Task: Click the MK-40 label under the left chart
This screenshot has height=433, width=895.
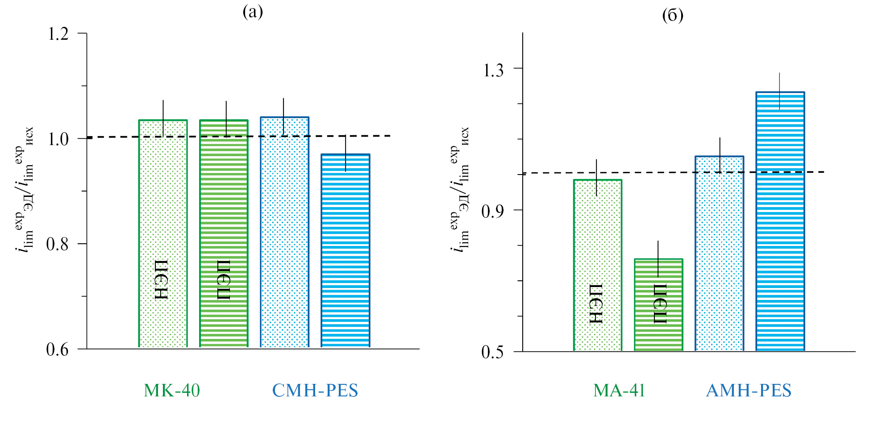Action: [x=172, y=391]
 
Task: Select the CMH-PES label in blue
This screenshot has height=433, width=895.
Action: [x=315, y=391]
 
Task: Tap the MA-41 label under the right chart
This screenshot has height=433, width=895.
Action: [x=619, y=391]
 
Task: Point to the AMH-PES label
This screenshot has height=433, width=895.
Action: [x=749, y=391]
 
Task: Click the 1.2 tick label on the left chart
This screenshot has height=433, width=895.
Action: [x=58, y=33]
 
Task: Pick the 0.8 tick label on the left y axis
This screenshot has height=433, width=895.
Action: [x=58, y=244]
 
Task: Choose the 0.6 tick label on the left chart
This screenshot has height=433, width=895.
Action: [x=58, y=350]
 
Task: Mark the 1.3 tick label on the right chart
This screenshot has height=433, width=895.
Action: [x=493, y=70]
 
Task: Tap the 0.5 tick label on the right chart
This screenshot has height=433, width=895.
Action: [x=493, y=352]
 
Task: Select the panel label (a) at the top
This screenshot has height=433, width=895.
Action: [x=253, y=12]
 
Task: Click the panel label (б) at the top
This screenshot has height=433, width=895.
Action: [x=673, y=16]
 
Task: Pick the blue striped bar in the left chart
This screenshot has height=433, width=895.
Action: [x=346, y=250]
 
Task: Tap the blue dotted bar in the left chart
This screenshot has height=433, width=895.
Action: [x=285, y=232]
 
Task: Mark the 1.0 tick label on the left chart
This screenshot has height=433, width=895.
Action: [x=58, y=139]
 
